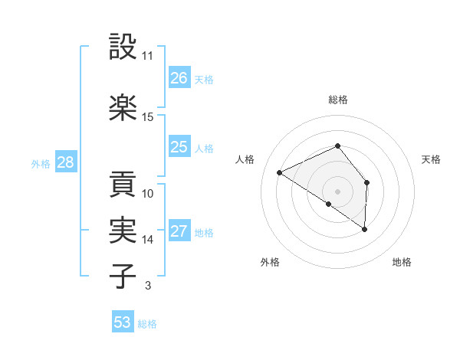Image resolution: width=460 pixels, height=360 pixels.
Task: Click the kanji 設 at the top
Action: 123,48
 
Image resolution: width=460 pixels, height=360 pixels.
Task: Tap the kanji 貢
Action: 123,185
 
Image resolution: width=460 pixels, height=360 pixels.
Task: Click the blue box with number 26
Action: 179,77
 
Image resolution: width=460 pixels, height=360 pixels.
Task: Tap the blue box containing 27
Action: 179,231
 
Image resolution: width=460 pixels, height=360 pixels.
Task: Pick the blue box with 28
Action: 65,162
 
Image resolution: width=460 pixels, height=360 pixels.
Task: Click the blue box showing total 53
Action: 123,322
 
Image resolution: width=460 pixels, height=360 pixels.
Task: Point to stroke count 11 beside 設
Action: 148,56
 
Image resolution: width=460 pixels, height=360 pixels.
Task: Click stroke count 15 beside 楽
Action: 148,116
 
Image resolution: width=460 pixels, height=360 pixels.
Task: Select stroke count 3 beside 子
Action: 147,286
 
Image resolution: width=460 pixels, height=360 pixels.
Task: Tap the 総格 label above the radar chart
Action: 338,100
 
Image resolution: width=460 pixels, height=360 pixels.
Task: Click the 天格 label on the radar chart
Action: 431,159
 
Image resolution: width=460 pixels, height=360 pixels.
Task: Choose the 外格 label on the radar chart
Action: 270,262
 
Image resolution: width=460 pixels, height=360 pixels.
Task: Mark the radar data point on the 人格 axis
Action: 280,172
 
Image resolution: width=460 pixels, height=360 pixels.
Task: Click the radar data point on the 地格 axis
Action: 365,229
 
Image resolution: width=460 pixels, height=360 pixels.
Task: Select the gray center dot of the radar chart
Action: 337,191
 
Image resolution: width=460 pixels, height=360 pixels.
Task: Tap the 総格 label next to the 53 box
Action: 147,324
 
